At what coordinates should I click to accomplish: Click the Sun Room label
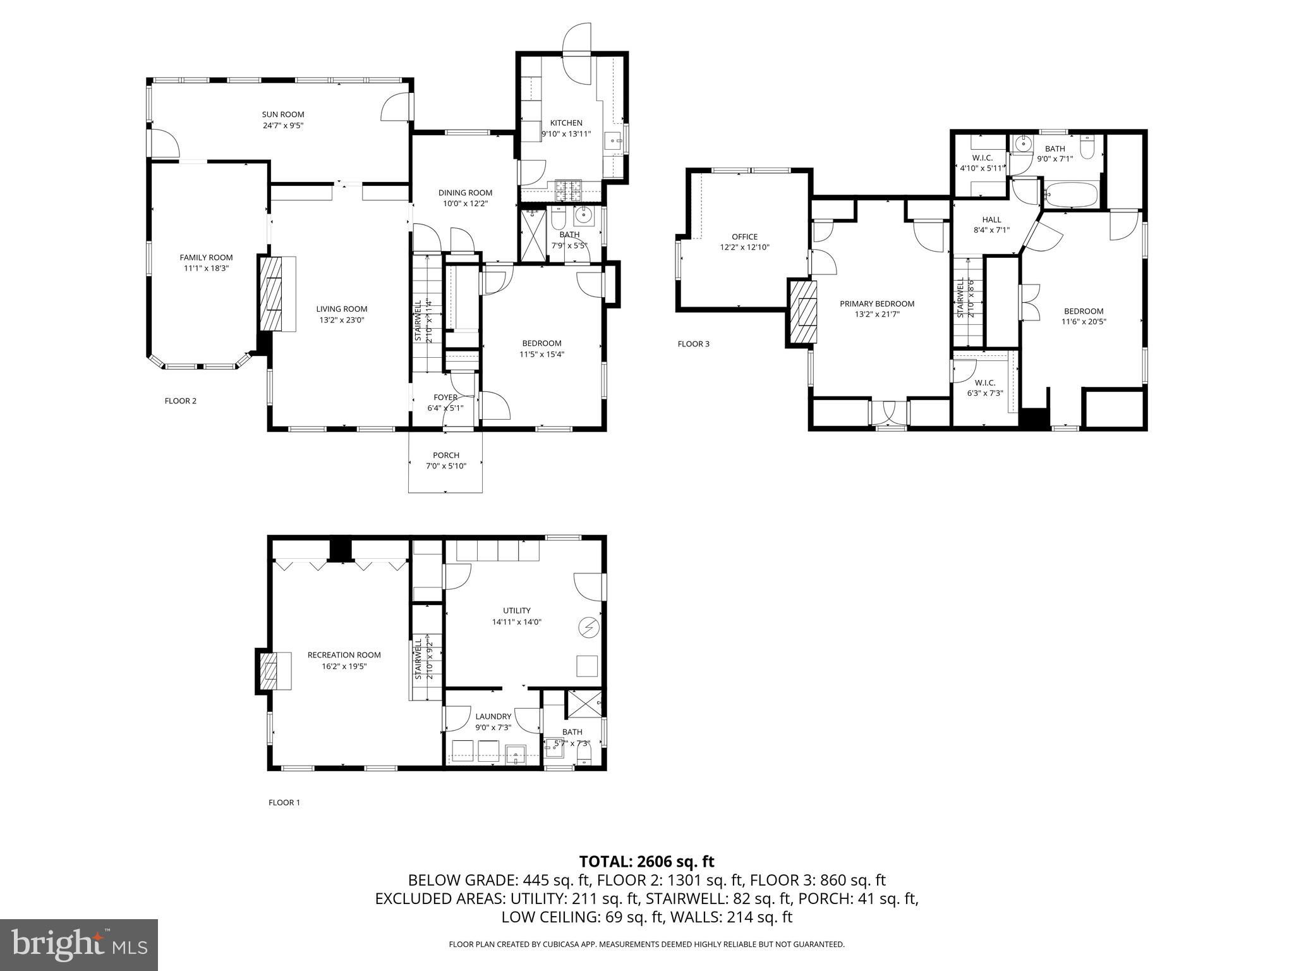pyautogui.click(x=283, y=114)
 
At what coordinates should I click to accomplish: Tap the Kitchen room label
pyautogui.click(x=566, y=123)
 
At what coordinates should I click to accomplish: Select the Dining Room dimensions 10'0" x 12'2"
pyautogui.click(x=465, y=204)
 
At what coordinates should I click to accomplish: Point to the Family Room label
pyautogui.click(x=206, y=257)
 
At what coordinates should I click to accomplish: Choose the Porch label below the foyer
pyautogui.click(x=446, y=455)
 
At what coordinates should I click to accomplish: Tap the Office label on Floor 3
pyautogui.click(x=745, y=237)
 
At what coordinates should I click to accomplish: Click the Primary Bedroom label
pyautogui.click(x=877, y=303)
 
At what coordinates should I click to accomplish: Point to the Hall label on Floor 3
pyautogui.click(x=991, y=220)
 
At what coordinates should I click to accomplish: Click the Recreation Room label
pyautogui.click(x=344, y=655)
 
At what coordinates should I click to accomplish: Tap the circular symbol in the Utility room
pyautogui.click(x=588, y=626)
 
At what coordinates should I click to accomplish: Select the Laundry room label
pyautogui.click(x=493, y=716)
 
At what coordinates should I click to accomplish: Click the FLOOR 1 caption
pyautogui.click(x=284, y=803)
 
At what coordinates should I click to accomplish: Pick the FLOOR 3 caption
pyautogui.click(x=694, y=344)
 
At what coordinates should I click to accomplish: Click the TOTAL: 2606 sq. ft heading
pyautogui.click(x=647, y=861)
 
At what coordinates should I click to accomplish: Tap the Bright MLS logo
pyautogui.click(x=79, y=945)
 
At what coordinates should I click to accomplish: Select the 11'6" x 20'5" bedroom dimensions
pyautogui.click(x=1084, y=321)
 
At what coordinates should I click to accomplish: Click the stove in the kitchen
pyautogui.click(x=571, y=187)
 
